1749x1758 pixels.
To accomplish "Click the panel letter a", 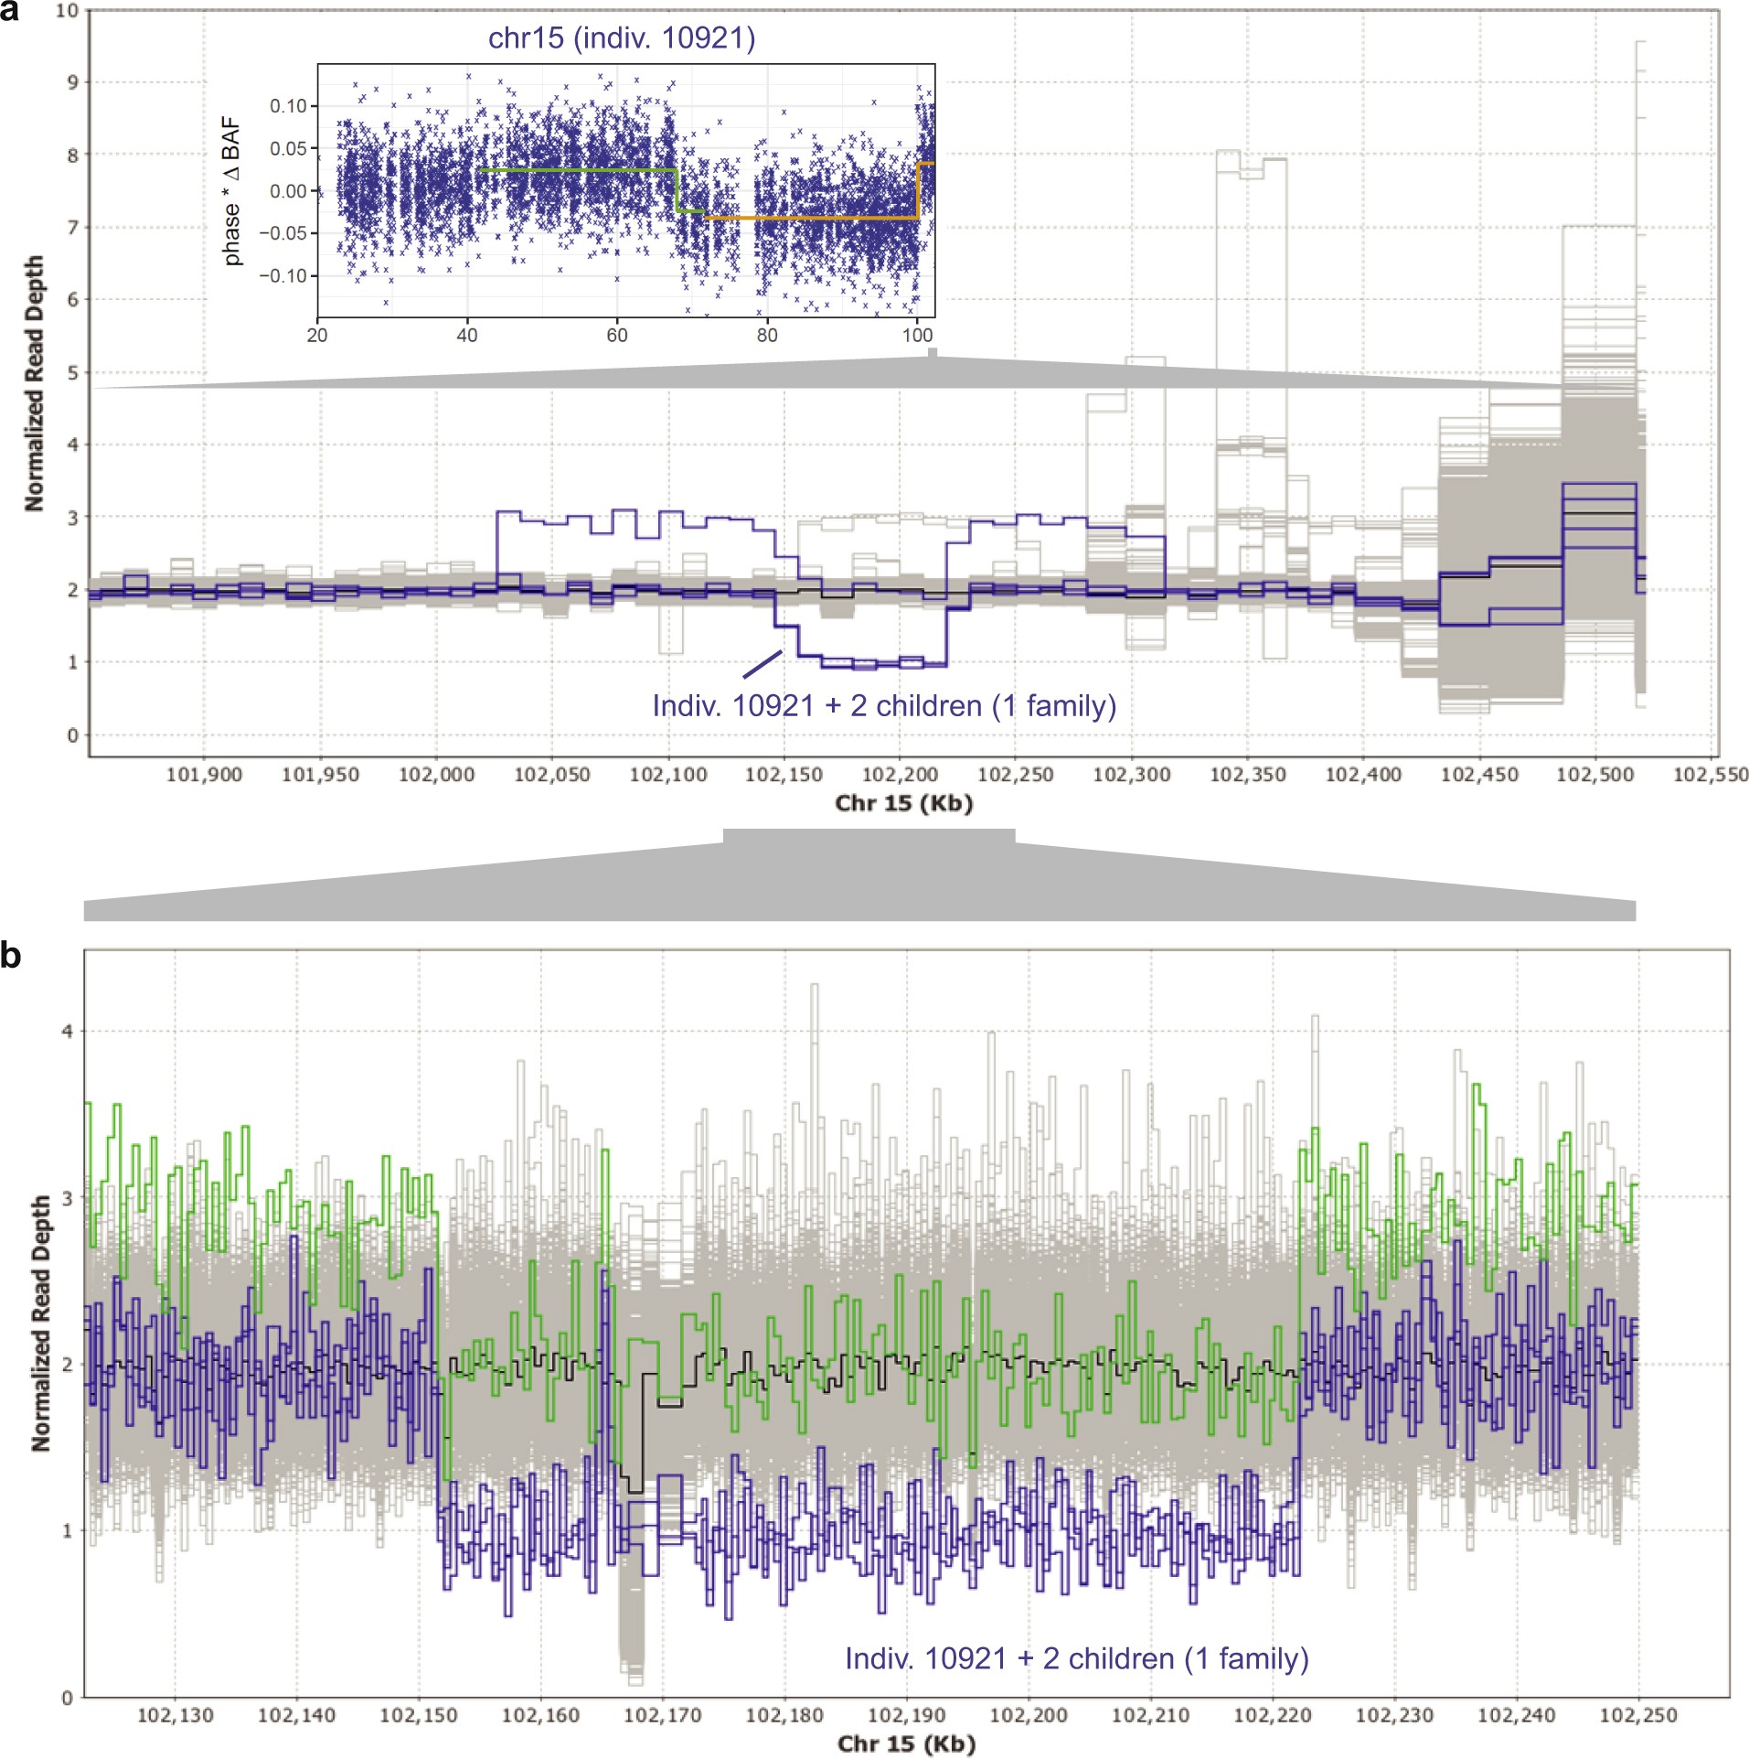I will pyautogui.click(x=9, y=12).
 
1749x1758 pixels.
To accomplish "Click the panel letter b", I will pyautogui.click(x=10, y=956).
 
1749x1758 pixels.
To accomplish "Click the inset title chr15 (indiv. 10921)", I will pyautogui.click(x=622, y=38).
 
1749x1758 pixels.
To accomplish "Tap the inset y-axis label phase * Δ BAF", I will pyautogui.click(x=232, y=191).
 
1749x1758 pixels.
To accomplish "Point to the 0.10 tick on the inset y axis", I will pyautogui.click(x=288, y=106).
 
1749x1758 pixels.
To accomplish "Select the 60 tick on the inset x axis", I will pyautogui.click(x=617, y=335).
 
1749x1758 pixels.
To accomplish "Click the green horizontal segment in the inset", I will pyautogui.click(x=576, y=170).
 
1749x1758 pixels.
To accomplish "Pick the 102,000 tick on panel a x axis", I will pyautogui.click(x=436, y=775).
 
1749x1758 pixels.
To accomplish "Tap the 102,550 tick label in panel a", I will pyautogui.click(x=1710, y=775).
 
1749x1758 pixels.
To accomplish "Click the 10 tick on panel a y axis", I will pyautogui.click(x=67, y=11).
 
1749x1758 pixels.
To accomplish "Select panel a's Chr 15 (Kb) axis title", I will pyautogui.click(x=903, y=803).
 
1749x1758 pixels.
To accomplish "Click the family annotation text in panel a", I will pyautogui.click(x=884, y=706).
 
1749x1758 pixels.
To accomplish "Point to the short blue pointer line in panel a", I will pyautogui.click(x=763, y=664).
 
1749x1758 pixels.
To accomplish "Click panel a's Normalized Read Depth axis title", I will pyautogui.click(x=35, y=383).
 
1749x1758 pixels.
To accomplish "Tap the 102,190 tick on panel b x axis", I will pyautogui.click(x=905, y=1715).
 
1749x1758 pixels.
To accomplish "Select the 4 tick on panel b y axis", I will pyautogui.click(x=66, y=1031).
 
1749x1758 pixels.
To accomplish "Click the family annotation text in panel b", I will pyautogui.click(x=1076, y=1658).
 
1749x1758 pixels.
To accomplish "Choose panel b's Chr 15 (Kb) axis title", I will pyautogui.click(x=906, y=1743).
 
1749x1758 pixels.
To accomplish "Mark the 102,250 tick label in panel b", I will pyautogui.click(x=1637, y=1715).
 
